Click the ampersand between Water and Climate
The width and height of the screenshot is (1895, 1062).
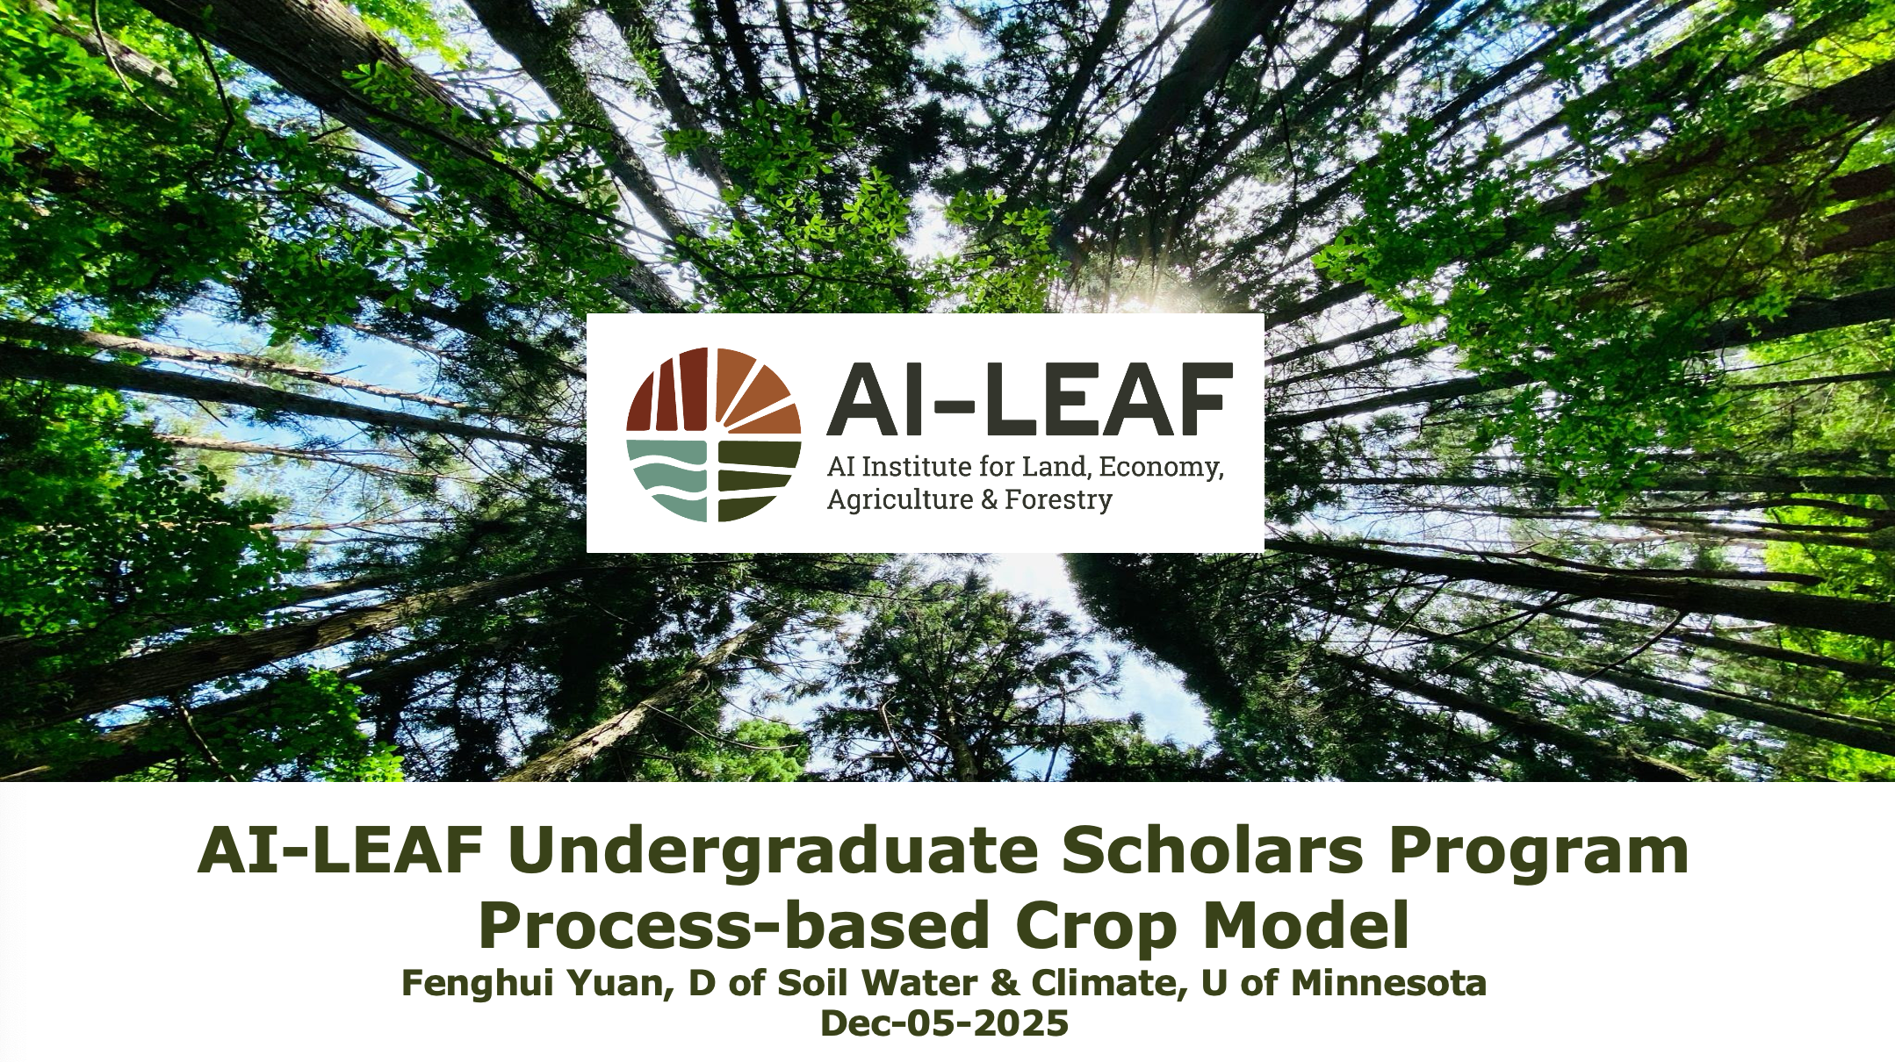click(1005, 983)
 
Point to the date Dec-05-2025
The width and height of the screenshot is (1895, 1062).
click(944, 1023)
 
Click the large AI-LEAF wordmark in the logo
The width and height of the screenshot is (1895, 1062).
click(1030, 400)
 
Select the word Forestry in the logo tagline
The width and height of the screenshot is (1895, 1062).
click(1058, 500)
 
